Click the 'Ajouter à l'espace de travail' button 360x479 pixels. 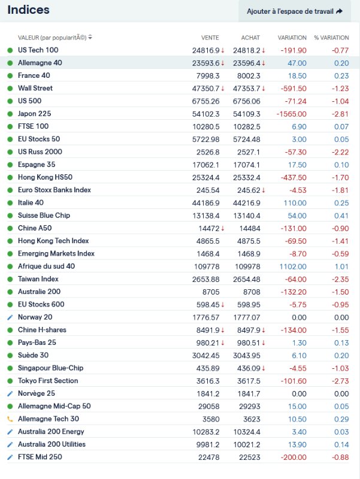click(x=294, y=11)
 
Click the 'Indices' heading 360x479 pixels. click(x=28, y=10)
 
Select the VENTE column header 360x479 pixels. click(x=210, y=38)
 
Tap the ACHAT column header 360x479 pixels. click(x=250, y=38)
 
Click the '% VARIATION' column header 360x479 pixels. click(x=331, y=38)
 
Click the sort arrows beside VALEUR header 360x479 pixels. click(x=90, y=38)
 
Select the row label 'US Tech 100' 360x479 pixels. click(x=38, y=50)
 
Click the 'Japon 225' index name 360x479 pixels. click(x=35, y=114)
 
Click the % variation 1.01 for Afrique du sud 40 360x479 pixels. click(x=341, y=266)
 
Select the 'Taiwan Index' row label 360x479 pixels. click(x=38, y=279)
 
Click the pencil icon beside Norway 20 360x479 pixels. click(x=10, y=317)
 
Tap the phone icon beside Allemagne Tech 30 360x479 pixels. click(x=10, y=419)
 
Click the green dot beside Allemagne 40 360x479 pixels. click(x=10, y=63)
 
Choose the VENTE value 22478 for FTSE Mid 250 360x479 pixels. click(x=209, y=457)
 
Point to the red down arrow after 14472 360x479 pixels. click(x=223, y=228)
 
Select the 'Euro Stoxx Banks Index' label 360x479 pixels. click(x=55, y=190)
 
